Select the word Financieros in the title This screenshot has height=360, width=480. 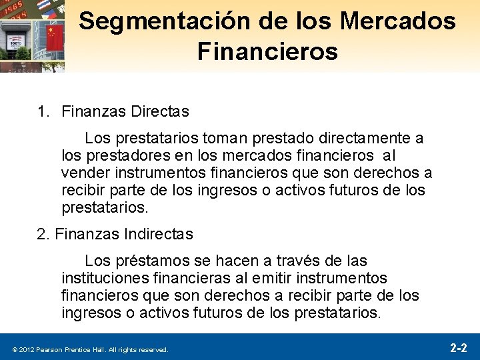(x=267, y=51)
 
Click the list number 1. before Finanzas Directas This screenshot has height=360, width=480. (x=45, y=111)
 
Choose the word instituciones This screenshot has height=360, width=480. (x=103, y=277)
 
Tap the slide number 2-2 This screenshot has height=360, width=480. (x=458, y=348)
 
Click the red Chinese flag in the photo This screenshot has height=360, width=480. (x=55, y=37)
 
